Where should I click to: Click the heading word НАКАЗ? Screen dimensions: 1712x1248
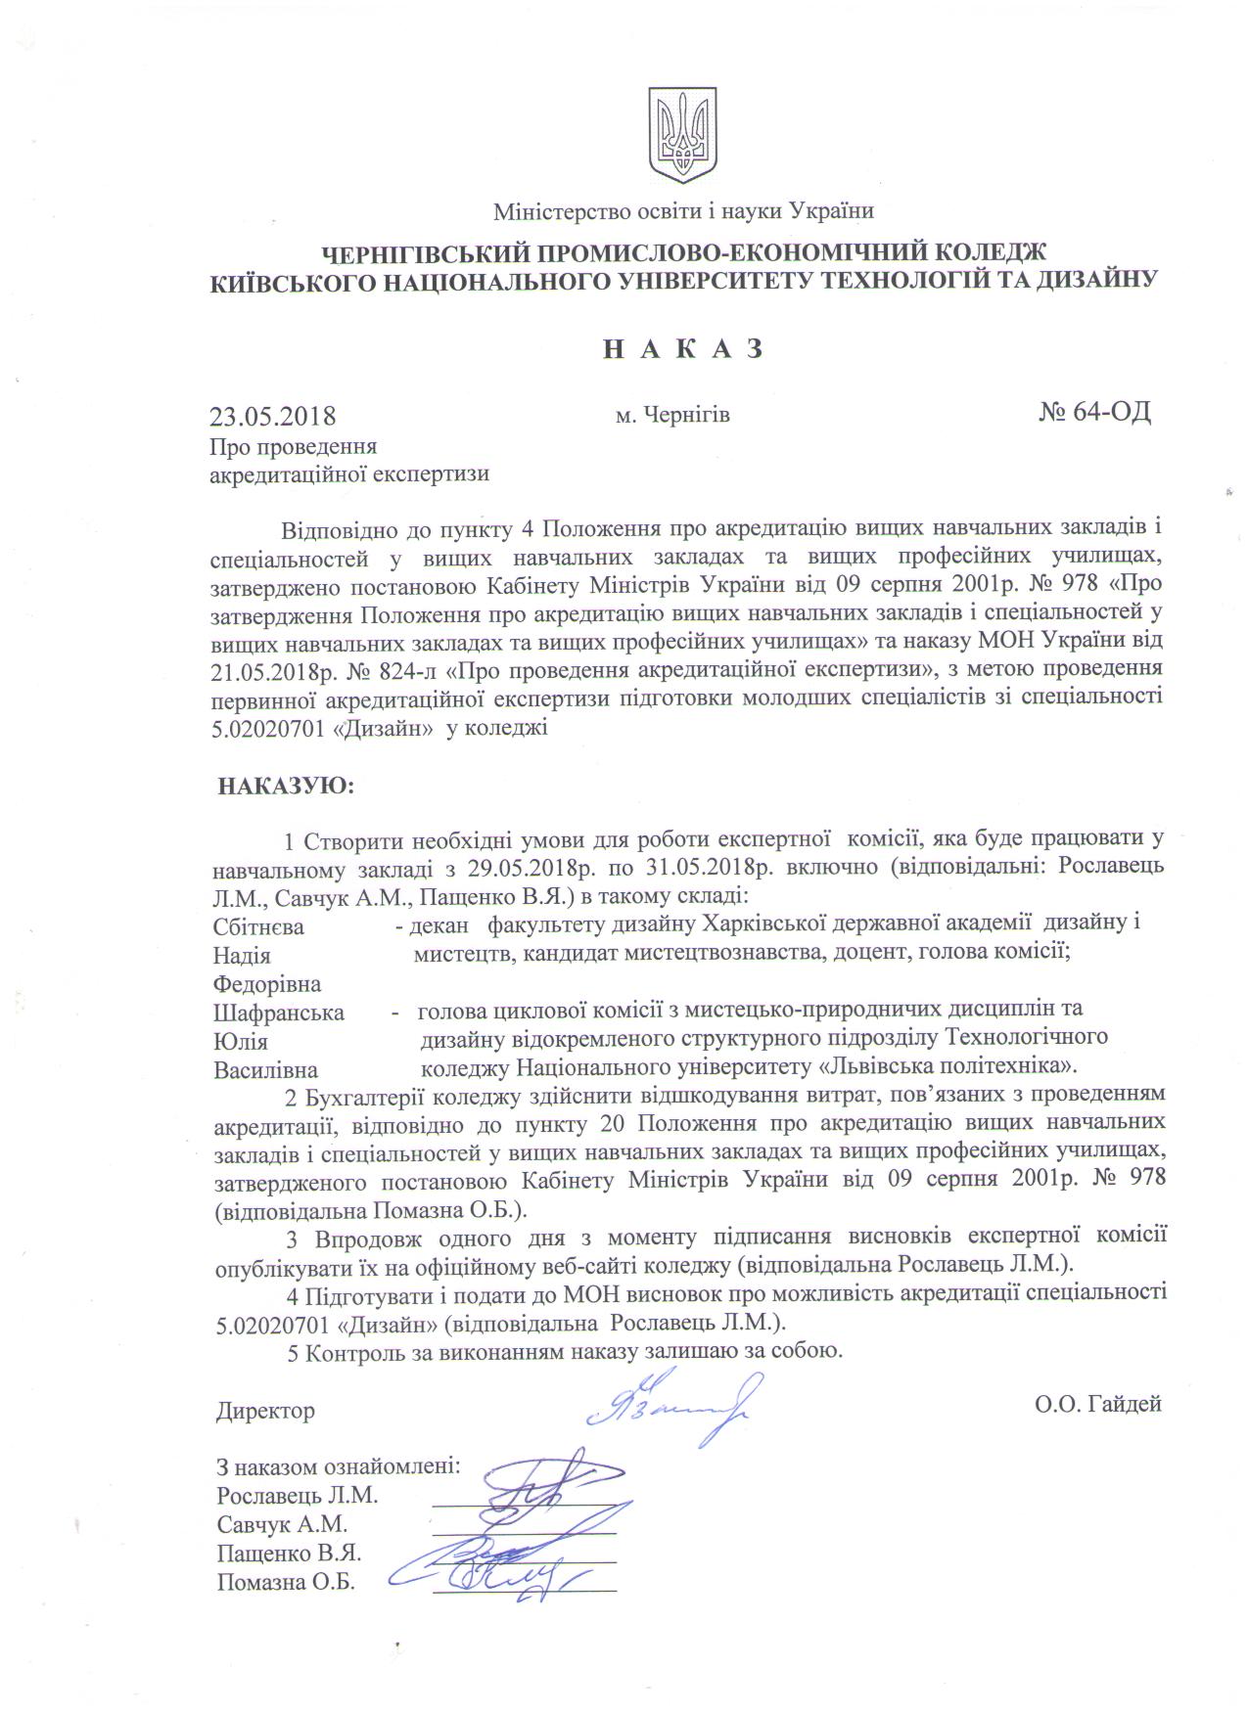click(681, 349)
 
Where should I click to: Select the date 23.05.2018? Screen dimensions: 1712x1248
click(273, 416)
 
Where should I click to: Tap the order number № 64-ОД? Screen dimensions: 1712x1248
click(1094, 412)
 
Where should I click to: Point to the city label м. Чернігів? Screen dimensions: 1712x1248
click(672, 416)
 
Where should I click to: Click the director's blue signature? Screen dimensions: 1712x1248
click(667, 1405)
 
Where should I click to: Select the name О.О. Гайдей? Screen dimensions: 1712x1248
click(1097, 1405)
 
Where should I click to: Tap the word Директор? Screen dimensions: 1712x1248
click(266, 1411)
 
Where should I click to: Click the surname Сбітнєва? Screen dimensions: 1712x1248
click(258, 925)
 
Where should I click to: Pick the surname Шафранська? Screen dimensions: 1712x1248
click(279, 1013)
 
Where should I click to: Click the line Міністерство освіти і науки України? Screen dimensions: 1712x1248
click(683, 210)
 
